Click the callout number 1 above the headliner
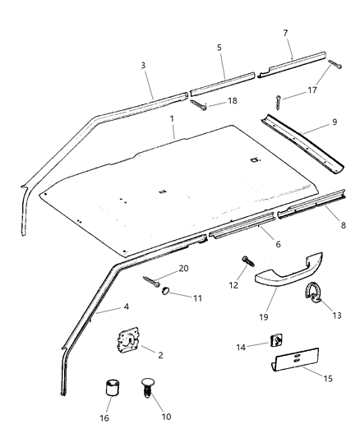coord(172,118)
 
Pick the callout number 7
coord(285,32)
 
